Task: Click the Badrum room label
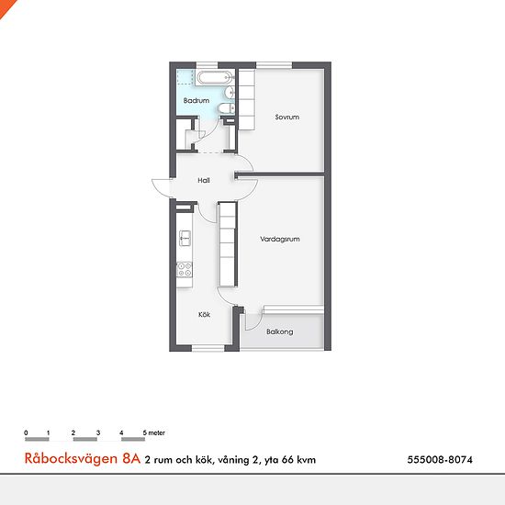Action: [x=196, y=100]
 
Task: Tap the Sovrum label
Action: [x=287, y=117]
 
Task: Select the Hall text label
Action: [x=204, y=180]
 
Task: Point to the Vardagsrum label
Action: [x=280, y=239]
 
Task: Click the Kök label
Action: [x=204, y=314]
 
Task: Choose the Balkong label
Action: [x=279, y=331]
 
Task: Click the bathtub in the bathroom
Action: [x=214, y=78]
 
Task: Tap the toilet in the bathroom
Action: [x=227, y=108]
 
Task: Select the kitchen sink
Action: [x=185, y=239]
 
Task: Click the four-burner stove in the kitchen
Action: [x=185, y=270]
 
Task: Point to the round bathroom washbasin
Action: [x=230, y=93]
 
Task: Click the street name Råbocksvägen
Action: [x=72, y=458]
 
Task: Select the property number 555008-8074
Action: [x=440, y=460]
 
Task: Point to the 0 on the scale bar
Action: [x=26, y=432]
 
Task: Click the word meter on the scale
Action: [x=156, y=432]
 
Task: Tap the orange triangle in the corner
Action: [x=6, y=6]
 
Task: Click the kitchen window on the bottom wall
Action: [x=208, y=348]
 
